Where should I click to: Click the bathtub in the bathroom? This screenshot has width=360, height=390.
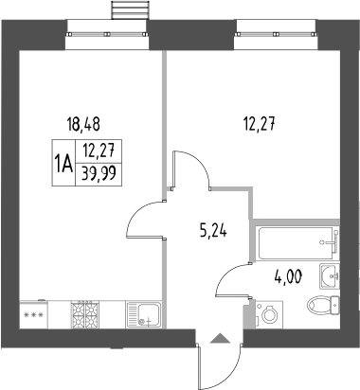click(x=297, y=244)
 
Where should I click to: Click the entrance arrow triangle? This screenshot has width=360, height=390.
click(x=220, y=337)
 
